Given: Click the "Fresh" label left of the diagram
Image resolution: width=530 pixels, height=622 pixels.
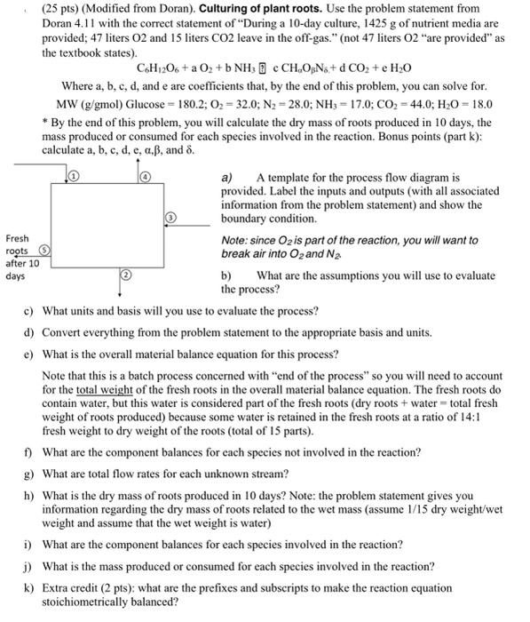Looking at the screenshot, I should click(x=18, y=240).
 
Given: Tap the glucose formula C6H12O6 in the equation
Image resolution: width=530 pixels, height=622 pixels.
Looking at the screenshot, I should click(x=158, y=68).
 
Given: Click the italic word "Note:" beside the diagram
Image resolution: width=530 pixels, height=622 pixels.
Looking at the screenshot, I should click(x=237, y=240).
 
